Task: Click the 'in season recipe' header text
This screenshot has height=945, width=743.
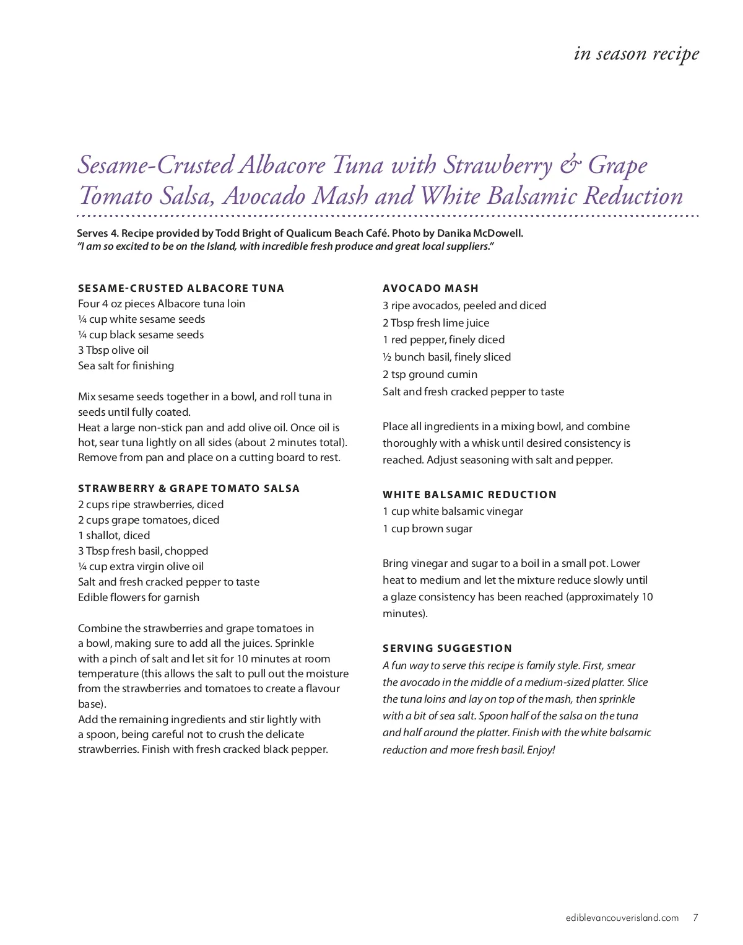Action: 637,54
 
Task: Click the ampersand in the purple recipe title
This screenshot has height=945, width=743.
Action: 570,165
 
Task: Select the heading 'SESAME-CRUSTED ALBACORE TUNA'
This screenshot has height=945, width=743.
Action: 181,288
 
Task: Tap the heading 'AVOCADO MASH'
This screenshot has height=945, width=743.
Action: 430,288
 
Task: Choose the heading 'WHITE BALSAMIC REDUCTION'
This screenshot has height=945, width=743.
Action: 469,494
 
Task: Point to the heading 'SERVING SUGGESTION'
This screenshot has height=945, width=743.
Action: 447,648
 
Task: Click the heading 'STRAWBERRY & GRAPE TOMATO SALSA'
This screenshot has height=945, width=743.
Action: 189,488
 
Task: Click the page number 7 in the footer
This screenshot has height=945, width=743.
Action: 695,918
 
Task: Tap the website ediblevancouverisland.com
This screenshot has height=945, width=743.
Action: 622,918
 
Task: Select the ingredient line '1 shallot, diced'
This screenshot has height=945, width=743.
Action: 114,535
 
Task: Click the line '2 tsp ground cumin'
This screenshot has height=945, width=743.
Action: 430,374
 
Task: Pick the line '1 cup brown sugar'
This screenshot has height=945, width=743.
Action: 427,529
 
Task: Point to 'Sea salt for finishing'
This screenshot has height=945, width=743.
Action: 126,366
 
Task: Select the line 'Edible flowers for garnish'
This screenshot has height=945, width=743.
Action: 139,597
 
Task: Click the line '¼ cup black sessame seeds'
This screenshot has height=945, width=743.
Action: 141,335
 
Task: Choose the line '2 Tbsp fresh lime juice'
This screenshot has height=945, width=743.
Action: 436,323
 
